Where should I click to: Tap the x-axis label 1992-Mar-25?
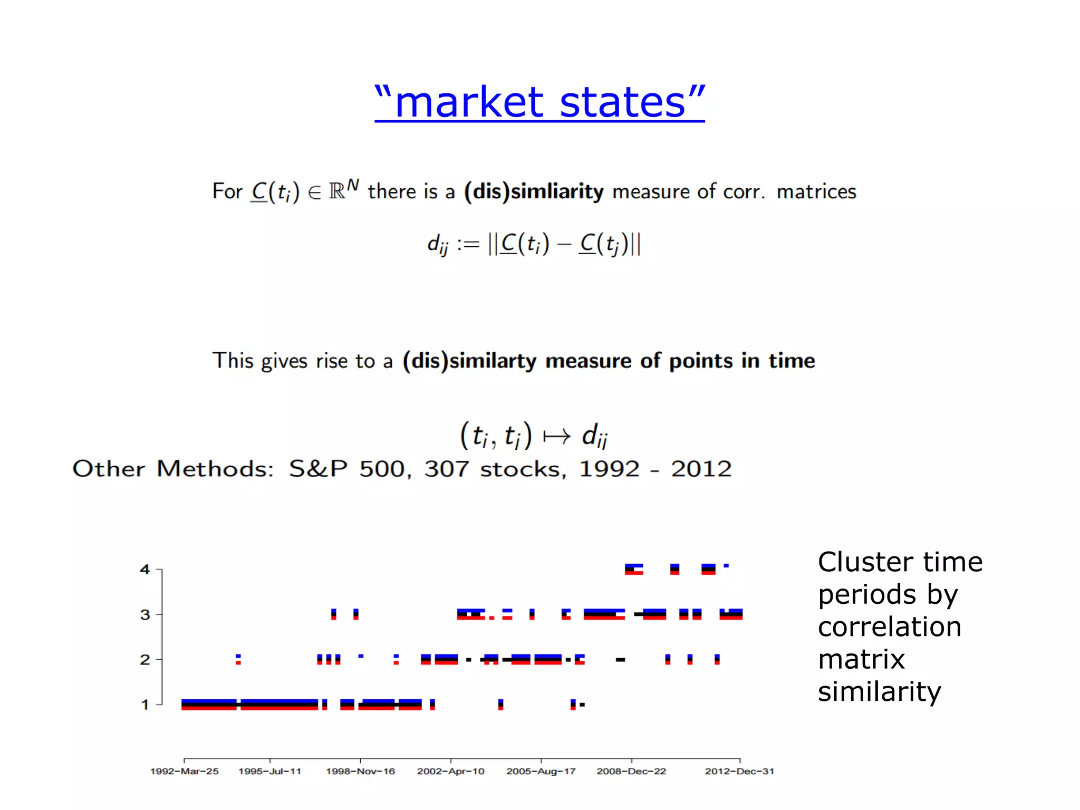tap(184, 771)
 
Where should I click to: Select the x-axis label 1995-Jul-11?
tap(269, 771)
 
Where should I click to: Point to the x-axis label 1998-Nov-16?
tap(360, 771)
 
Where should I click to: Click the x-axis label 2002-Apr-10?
tap(450, 771)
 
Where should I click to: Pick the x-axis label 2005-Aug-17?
tap(541, 771)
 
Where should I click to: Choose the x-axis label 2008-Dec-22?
tap(631, 771)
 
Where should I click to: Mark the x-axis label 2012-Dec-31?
tap(739, 771)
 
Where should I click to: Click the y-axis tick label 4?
tap(145, 570)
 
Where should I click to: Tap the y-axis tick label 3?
tap(145, 614)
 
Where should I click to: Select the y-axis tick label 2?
tap(145, 659)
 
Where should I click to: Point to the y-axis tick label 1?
tap(145, 705)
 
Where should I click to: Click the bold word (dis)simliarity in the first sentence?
tap(533, 191)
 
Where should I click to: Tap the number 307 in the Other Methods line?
tap(446, 469)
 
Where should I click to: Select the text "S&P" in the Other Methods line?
tap(318, 469)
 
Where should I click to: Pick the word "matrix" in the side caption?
tap(861, 659)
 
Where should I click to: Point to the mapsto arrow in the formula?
tap(557, 436)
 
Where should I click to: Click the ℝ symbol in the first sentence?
tap(337, 191)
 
